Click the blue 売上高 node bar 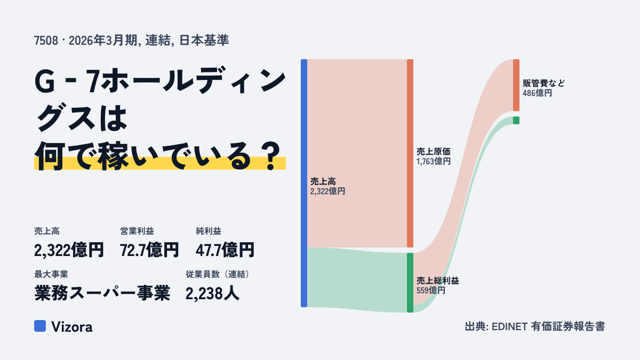pyautogui.click(x=304, y=183)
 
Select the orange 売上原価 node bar pyautogui.click(x=410, y=153)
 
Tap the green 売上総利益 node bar pyautogui.click(x=410, y=283)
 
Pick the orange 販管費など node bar pyautogui.click(x=516, y=85)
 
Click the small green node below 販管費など pyautogui.click(x=516, y=121)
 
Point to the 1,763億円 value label pyautogui.click(x=434, y=162)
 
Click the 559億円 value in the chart pyautogui.click(x=431, y=291)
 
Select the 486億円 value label pyautogui.click(x=537, y=93)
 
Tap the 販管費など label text pyautogui.click(x=543, y=83)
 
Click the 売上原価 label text pyautogui.click(x=434, y=151)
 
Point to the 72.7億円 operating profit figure pyautogui.click(x=149, y=250)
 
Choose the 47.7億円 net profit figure pyautogui.click(x=225, y=250)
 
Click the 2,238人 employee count pyautogui.click(x=212, y=293)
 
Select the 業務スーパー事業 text pyautogui.click(x=102, y=293)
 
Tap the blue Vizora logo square pyautogui.click(x=40, y=326)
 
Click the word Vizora pyautogui.click(x=72, y=327)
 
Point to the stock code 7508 pyautogui.click(x=46, y=41)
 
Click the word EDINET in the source pyautogui.click(x=509, y=326)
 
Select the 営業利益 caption pyautogui.click(x=137, y=231)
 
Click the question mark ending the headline pyautogui.click(x=271, y=156)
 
